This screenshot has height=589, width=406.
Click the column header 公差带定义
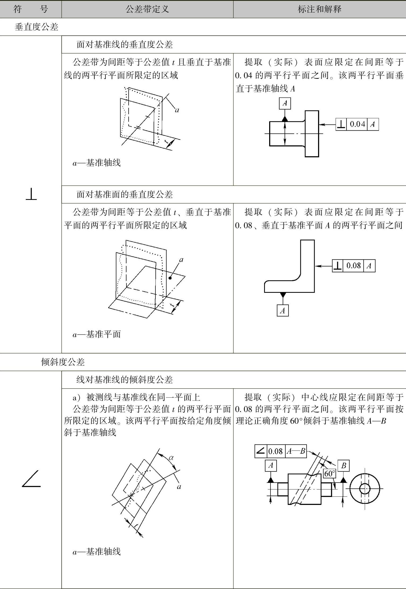(147, 10)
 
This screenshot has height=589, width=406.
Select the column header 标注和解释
(319, 10)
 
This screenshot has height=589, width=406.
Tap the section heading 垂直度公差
(36, 27)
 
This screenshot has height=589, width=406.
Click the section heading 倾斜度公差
(63, 362)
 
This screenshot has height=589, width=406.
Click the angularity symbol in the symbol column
(31, 479)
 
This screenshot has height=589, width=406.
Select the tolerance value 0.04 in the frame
(357, 124)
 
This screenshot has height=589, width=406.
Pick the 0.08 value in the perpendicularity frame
(353, 265)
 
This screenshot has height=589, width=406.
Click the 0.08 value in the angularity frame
(276, 451)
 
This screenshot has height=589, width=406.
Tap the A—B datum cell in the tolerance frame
(296, 451)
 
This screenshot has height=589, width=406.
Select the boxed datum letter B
(343, 466)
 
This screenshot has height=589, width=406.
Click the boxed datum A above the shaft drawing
(285, 103)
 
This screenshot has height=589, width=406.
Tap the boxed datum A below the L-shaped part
(283, 310)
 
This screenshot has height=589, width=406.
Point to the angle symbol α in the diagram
(171, 458)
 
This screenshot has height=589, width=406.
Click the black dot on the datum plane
(170, 278)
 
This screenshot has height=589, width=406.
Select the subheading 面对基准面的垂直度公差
(125, 194)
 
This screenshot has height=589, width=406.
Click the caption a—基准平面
(97, 334)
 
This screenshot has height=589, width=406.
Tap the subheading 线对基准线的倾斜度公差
(125, 380)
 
